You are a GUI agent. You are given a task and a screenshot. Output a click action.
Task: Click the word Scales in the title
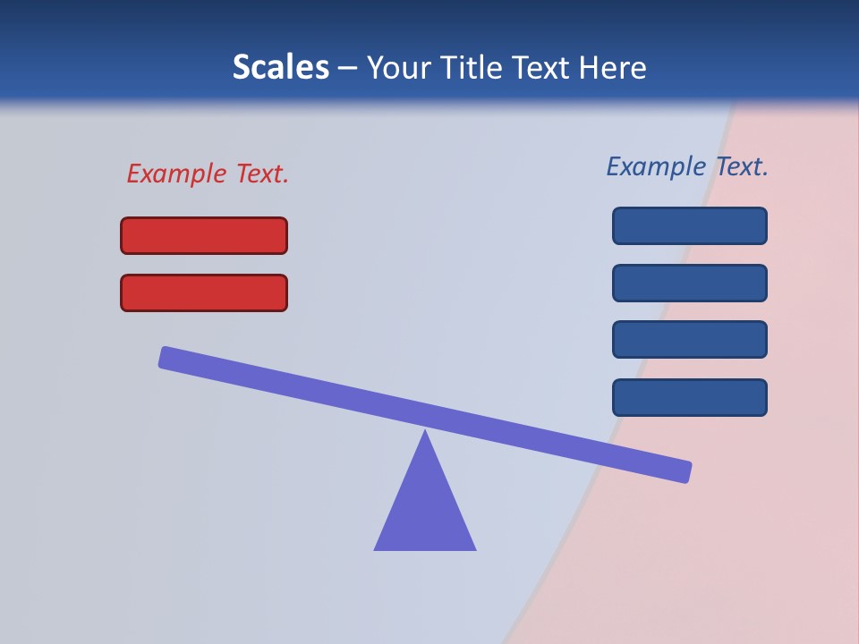pos(281,67)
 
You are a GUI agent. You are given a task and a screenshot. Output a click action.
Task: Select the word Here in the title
pos(613,67)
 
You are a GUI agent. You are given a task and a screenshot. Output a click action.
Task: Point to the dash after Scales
pos(348,68)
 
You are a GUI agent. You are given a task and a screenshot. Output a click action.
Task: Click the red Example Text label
pos(208,174)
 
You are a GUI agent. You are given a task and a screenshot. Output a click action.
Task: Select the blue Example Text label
pos(687,166)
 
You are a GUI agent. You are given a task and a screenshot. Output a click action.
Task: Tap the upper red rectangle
pos(204,235)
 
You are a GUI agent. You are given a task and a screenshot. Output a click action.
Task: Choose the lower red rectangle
pos(204,292)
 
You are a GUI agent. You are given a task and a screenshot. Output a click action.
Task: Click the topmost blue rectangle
pos(690,225)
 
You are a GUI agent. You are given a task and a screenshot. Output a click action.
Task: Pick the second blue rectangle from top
pos(690,283)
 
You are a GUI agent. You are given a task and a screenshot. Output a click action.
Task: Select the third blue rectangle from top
pos(690,340)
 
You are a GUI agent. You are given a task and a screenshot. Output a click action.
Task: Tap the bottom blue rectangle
pos(690,397)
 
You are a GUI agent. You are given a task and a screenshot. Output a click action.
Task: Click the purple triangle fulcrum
pos(425,510)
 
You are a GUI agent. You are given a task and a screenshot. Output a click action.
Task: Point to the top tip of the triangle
pos(425,433)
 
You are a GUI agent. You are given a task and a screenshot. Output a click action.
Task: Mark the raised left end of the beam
pos(166,357)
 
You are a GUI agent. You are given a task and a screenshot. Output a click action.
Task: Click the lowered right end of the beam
pos(685,471)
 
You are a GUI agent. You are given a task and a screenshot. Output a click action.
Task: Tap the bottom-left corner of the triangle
pos(377,548)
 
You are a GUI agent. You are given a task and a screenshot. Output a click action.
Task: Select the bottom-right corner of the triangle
pos(473,548)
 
